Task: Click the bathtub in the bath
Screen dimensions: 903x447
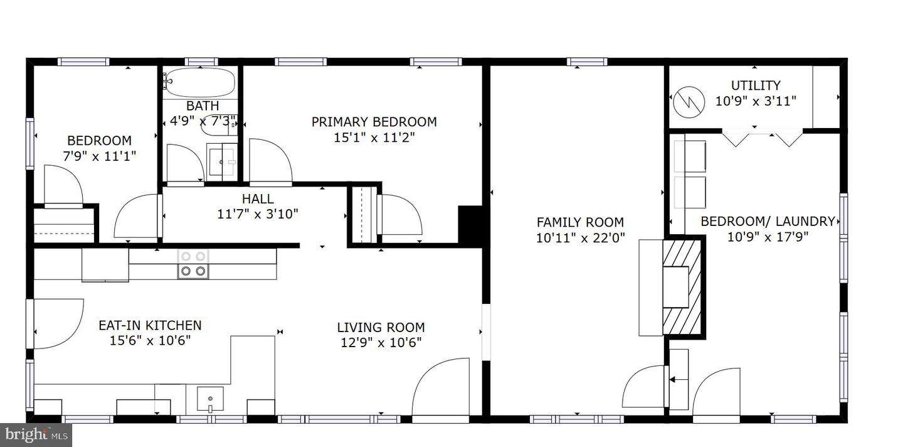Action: coord(200,82)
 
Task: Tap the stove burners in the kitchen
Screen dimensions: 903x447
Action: coord(193,264)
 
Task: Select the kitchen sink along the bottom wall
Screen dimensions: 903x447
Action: coord(210,399)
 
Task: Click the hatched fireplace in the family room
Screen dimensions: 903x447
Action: coord(682,287)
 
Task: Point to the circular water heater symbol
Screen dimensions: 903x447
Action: coord(689,102)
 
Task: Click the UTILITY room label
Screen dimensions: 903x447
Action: coord(756,85)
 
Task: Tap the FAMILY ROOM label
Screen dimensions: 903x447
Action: coord(580,222)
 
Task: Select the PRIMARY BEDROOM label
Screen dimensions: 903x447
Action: coord(374,122)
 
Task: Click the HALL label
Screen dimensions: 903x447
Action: coord(258,198)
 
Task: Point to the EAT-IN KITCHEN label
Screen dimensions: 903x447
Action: coord(150,325)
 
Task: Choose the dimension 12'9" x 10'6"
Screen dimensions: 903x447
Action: coord(381,343)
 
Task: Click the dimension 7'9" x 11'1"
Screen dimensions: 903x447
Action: coord(100,156)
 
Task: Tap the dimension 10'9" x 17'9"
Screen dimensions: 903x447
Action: coord(768,237)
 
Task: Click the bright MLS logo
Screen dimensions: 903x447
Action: coord(36,435)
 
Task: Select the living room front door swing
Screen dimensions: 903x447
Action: coord(441,387)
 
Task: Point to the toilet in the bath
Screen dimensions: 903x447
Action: coord(218,125)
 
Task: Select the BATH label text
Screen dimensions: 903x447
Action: coord(203,105)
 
